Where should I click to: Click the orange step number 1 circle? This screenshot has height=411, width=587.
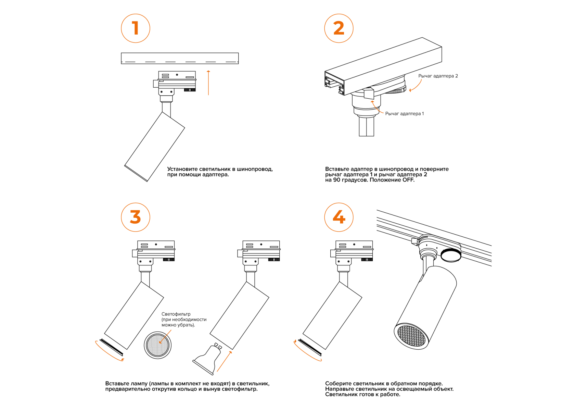136,28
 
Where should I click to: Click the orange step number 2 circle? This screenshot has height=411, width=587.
339,28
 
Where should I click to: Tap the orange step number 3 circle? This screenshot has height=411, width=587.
136,217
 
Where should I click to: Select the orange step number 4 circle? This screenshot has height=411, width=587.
339,217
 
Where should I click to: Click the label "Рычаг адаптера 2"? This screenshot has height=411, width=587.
438,76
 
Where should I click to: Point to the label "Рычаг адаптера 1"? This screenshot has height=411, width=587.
404,114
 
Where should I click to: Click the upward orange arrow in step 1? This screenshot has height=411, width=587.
208,83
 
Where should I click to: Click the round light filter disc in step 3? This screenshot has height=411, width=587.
158,345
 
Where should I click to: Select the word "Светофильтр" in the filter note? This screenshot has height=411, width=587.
176,314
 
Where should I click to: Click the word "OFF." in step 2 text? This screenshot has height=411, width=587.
408,180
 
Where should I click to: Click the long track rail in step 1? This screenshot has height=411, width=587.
180,58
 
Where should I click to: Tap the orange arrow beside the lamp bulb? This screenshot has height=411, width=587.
225,361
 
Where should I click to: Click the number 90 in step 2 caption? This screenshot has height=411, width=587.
337,180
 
